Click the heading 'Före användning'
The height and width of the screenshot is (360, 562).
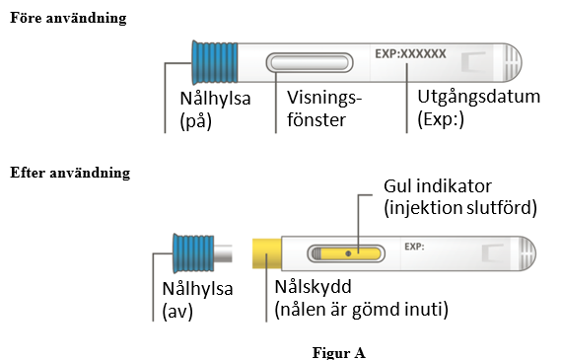pyautogui.click(x=68, y=18)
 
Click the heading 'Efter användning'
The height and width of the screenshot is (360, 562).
pyautogui.click(x=70, y=173)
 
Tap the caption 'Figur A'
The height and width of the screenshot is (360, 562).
pyautogui.click(x=339, y=352)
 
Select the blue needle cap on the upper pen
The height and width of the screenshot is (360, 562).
pyautogui.click(x=215, y=63)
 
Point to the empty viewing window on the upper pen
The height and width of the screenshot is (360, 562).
pyautogui.click(x=310, y=63)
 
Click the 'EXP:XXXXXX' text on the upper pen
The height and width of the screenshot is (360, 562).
pyautogui.click(x=410, y=54)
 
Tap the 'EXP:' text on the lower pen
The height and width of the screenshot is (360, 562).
pyautogui.click(x=414, y=247)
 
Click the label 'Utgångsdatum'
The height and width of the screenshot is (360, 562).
pyautogui.click(x=478, y=97)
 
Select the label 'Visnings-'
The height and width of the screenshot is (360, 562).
pyautogui.click(x=324, y=98)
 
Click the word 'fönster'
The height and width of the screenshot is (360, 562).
pyautogui.click(x=316, y=119)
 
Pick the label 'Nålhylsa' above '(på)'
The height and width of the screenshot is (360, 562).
pyautogui.click(x=215, y=99)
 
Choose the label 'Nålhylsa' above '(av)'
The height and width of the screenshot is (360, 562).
pyautogui.click(x=197, y=289)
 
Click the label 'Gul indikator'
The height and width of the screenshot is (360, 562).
pyautogui.click(x=438, y=186)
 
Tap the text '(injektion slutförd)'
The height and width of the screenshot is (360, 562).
pyautogui.click(x=460, y=208)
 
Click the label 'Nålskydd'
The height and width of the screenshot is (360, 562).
pyautogui.click(x=313, y=286)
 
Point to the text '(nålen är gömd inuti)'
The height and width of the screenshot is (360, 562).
pyautogui.click(x=361, y=309)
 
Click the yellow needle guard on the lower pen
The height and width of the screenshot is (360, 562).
pyautogui.click(x=267, y=253)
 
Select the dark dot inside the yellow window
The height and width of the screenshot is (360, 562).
pyautogui.click(x=348, y=253)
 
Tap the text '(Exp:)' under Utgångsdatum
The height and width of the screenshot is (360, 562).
pyautogui.click(x=441, y=119)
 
